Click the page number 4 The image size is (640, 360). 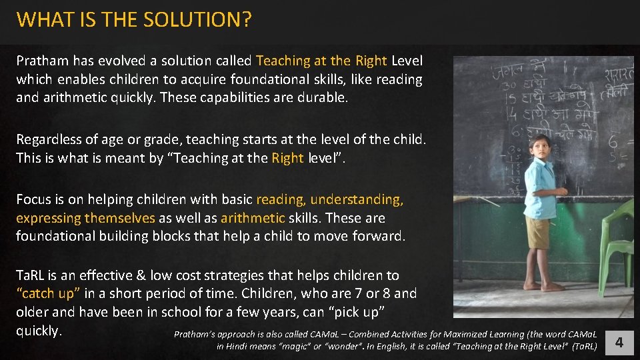coord(619,343)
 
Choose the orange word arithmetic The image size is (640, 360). coord(253,218)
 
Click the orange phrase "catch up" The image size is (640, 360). coord(49,294)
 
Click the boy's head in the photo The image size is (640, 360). coord(539,147)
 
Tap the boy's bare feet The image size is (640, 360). coord(541,286)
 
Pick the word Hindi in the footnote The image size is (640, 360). coord(237,347)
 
